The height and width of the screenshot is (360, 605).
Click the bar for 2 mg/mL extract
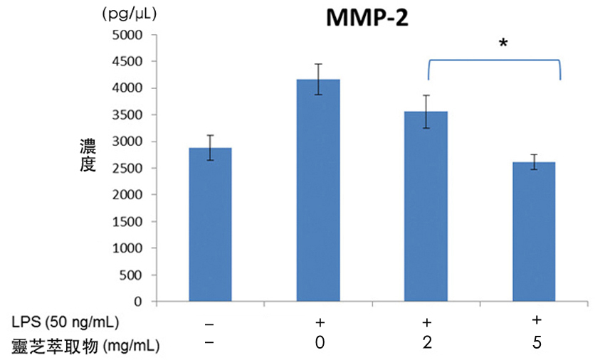[x=426, y=206]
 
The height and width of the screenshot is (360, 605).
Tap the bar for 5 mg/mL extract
[x=534, y=232]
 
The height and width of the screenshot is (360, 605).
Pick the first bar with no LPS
[x=210, y=225]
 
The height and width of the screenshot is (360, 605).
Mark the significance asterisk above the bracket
[x=503, y=44]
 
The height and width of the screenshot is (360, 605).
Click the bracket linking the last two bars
[x=494, y=61]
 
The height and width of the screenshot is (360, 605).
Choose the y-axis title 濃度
[x=88, y=156]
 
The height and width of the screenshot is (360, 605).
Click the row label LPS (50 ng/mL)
[x=60, y=322]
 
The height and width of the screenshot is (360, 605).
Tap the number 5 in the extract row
[x=537, y=343]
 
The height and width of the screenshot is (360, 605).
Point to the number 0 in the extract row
[x=320, y=343]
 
